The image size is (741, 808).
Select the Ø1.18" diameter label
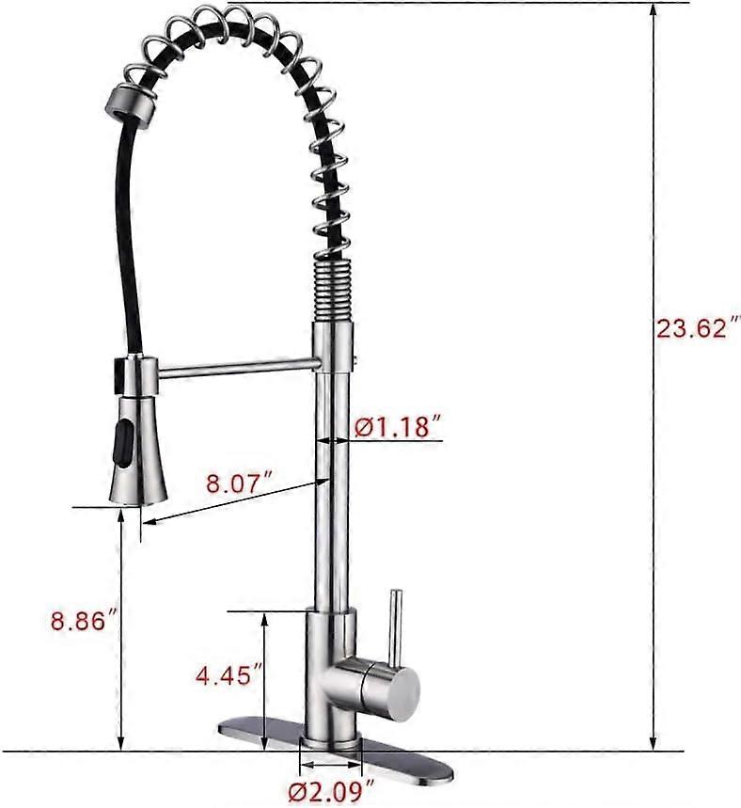[398, 426]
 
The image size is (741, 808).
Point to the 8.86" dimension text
[86, 621]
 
